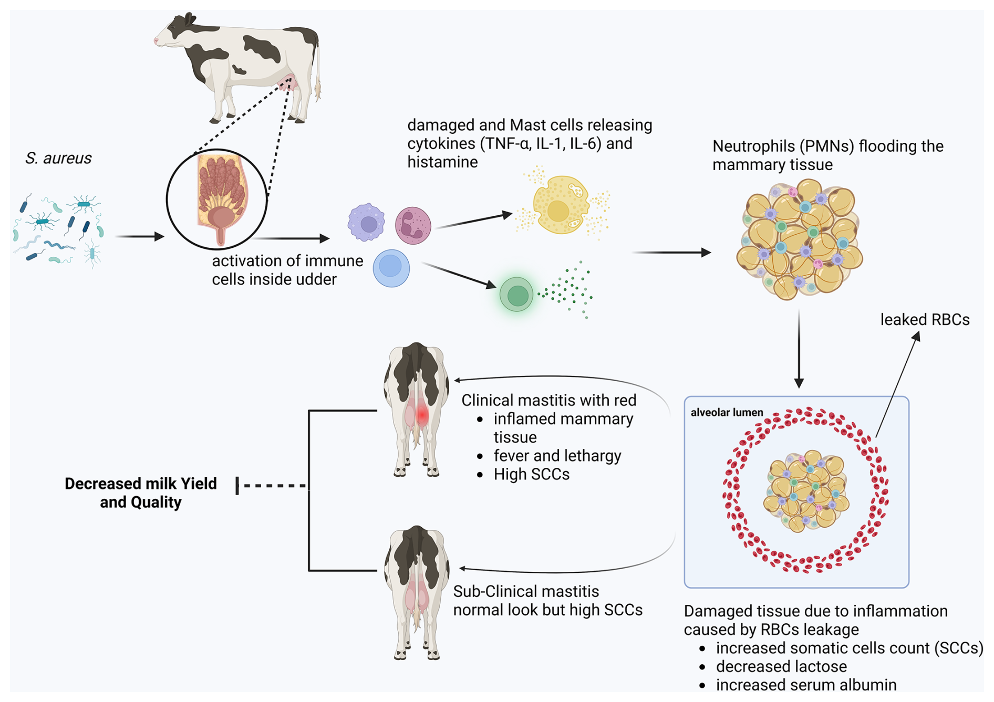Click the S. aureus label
click(58, 158)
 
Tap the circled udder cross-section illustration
click(217, 200)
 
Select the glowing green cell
click(516, 295)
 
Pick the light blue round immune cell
click(391, 268)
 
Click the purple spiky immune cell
click(366, 223)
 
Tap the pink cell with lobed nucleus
click(413, 226)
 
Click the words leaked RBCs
click(925, 320)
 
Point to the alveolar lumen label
click(727, 413)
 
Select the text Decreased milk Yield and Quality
click(141, 493)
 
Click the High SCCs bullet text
click(531, 474)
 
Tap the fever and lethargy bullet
click(557, 456)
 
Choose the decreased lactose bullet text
click(781, 666)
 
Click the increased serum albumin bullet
click(805, 685)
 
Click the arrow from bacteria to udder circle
click(139, 237)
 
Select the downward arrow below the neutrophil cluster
click(799, 349)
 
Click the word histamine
click(442, 162)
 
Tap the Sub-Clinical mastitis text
click(526, 591)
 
